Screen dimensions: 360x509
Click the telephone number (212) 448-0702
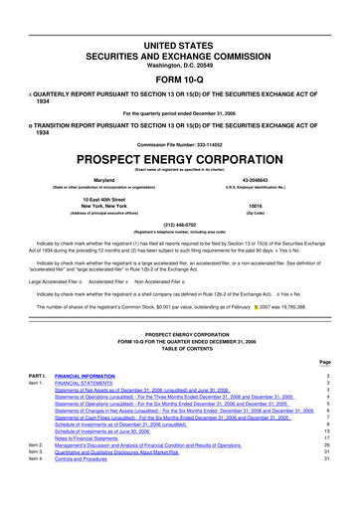pyautogui.click(x=180, y=224)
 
